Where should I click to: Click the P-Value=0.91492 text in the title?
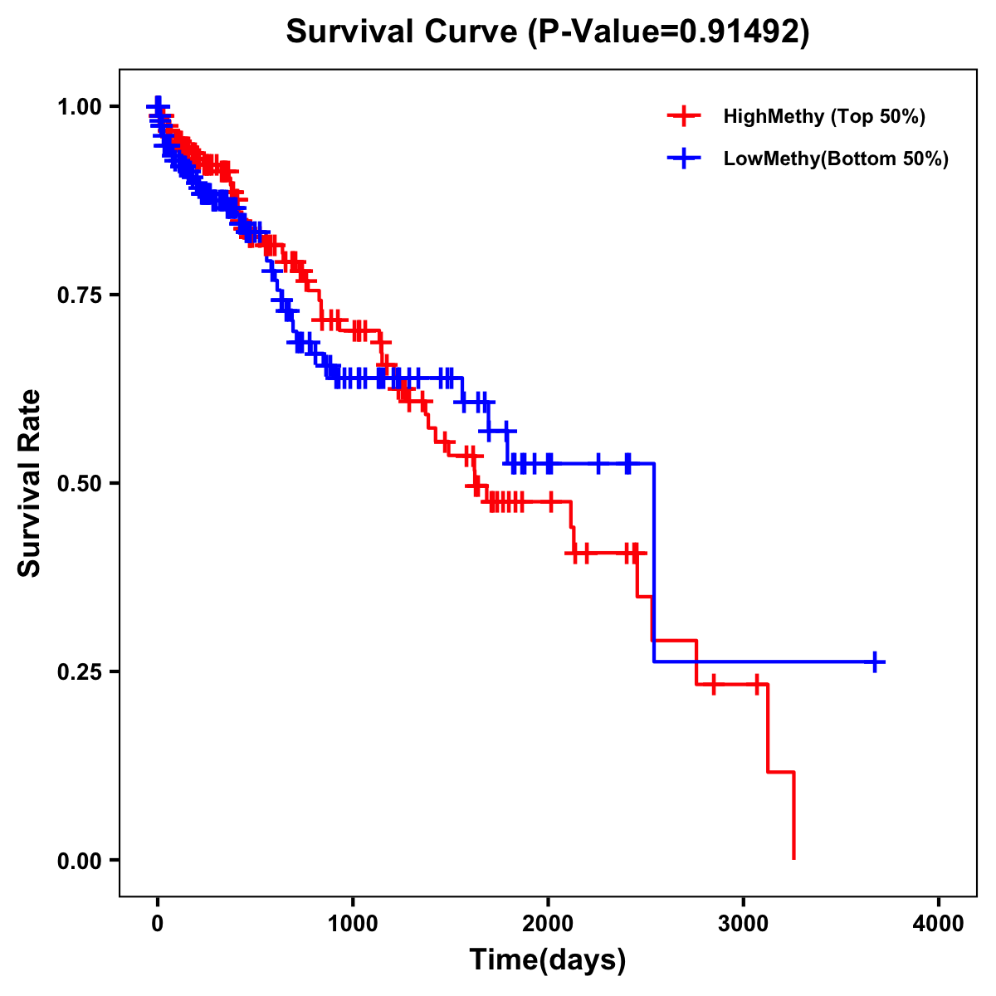point(669,32)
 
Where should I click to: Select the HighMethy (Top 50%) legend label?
point(823,116)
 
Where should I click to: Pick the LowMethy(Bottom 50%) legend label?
point(836,159)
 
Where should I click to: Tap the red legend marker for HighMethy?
point(683,116)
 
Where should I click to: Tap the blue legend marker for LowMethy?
point(683,159)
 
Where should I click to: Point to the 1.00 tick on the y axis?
point(79,106)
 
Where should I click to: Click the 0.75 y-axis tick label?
point(79,295)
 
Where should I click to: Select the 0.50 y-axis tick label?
point(79,483)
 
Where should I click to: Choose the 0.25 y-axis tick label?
point(79,671)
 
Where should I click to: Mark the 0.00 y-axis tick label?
point(79,860)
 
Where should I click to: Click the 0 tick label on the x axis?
point(157,924)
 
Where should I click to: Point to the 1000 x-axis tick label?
point(353,924)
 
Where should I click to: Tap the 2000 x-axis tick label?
point(548,924)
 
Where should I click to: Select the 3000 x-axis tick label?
point(744,924)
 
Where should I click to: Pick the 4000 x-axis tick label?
point(939,924)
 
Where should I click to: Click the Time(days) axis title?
point(548,960)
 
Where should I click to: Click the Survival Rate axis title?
point(30,483)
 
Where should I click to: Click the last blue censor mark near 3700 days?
point(875,662)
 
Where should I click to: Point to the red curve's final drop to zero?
point(794,818)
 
